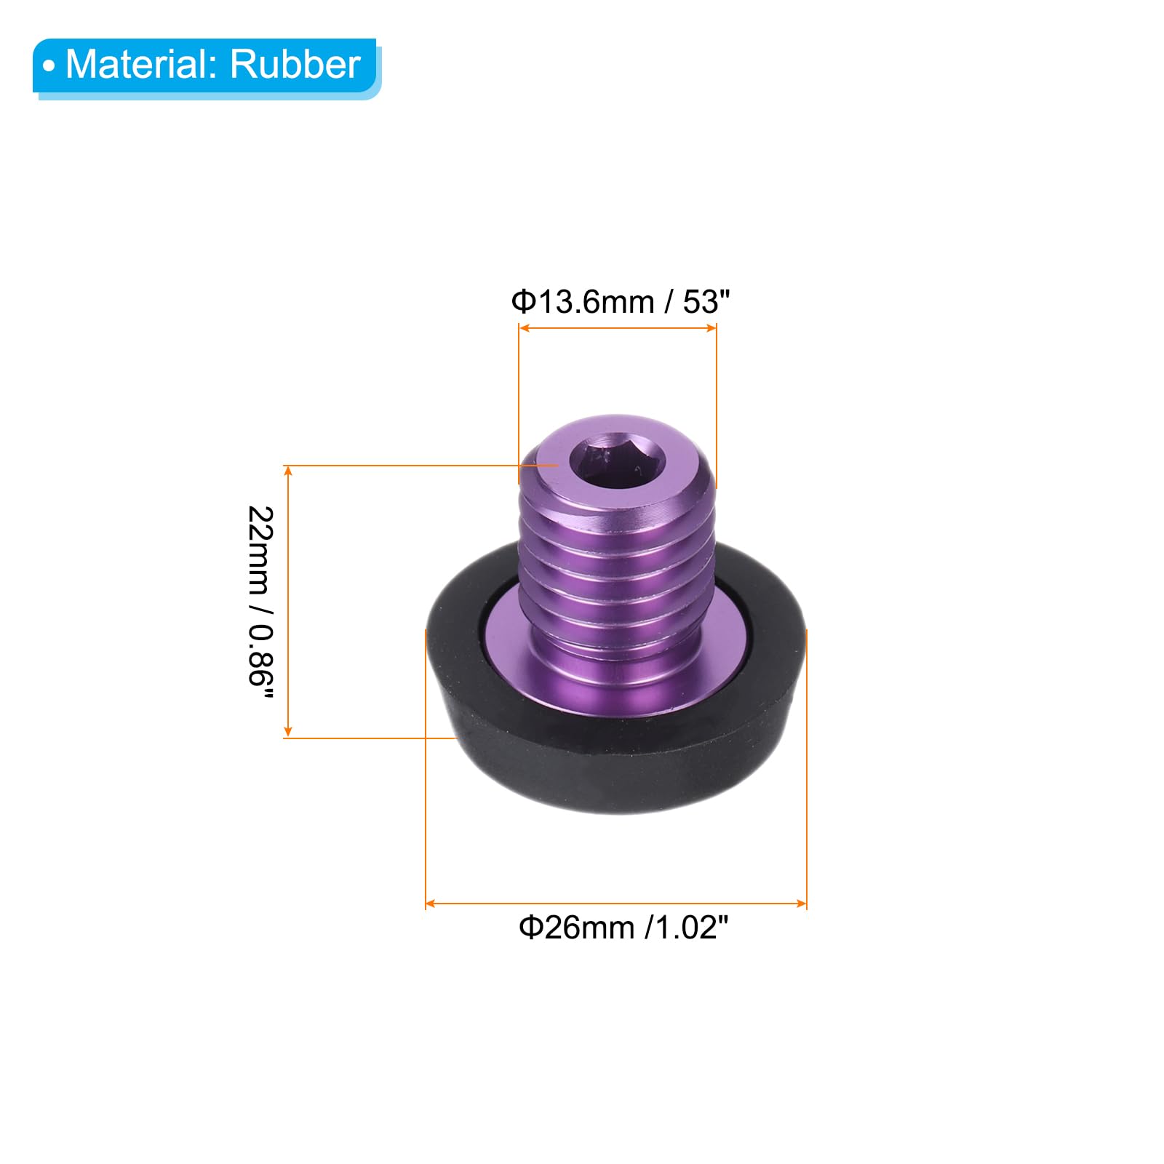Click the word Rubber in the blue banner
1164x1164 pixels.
(295, 64)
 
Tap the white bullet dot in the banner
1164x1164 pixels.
(49, 67)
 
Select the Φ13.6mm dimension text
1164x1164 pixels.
(583, 301)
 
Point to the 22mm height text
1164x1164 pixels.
(260, 549)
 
